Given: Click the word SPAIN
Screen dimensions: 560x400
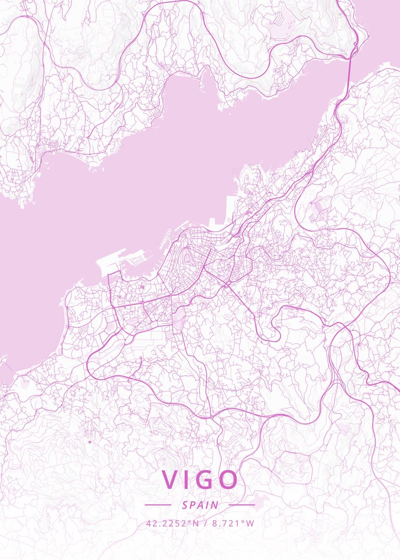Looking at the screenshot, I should (x=200, y=505).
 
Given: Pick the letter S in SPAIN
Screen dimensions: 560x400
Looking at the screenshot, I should (x=185, y=505).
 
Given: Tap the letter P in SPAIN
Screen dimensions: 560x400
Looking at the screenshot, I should (x=193, y=505).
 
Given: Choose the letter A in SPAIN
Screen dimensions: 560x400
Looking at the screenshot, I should (x=201, y=505).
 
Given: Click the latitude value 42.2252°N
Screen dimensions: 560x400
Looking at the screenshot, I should (x=173, y=523).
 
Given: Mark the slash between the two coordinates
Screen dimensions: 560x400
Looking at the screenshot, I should (x=205, y=523).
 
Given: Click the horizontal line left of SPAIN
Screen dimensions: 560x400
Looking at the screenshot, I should (x=158, y=504).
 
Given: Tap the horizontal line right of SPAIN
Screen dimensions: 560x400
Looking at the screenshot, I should (x=242, y=504).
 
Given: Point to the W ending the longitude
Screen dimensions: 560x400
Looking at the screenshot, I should (x=251, y=523).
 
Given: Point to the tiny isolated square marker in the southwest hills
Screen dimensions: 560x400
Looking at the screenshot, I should (x=89, y=441).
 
